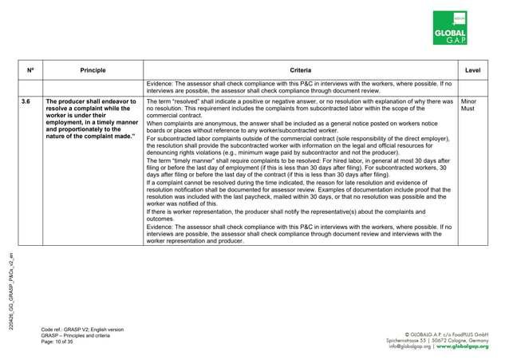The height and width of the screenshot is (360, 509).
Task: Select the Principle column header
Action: pyautogui.click(x=93, y=70)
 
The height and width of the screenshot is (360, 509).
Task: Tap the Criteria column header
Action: pyautogui.click(x=301, y=70)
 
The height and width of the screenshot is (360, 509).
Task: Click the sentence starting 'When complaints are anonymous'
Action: pyautogui.click(x=292, y=128)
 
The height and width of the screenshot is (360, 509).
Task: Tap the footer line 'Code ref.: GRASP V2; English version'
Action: pyautogui.click(x=82, y=329)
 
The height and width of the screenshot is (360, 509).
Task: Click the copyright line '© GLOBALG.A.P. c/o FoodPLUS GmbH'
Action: pyautogui.click(x=447, y=333)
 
